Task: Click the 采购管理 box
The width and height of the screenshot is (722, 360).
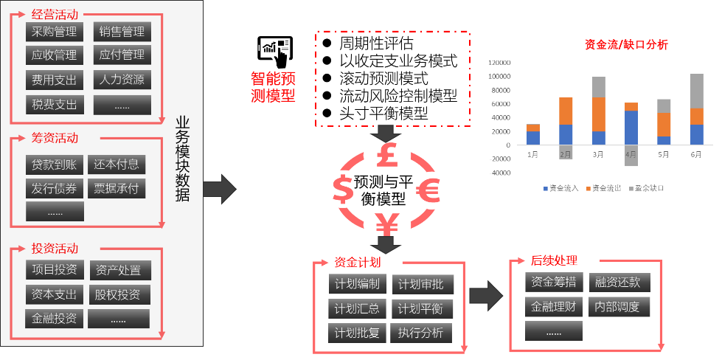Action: [55, 32]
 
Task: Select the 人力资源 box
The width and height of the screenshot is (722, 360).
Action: [122, 79]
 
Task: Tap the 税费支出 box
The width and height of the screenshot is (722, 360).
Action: [55, 104]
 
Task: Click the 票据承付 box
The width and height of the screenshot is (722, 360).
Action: [117, 188]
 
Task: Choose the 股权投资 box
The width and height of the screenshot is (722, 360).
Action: [118, 294]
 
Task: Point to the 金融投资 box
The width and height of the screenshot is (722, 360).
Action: [55, 319]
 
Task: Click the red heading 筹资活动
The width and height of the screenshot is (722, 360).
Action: [55, 138]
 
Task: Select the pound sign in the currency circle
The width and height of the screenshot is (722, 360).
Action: [386, 156]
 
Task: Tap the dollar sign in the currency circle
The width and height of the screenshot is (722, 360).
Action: [343, 190]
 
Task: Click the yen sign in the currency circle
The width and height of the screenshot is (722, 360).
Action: [386, 224]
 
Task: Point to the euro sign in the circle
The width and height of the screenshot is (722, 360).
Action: [428, 190]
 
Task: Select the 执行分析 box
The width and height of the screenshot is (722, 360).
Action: [421, 333]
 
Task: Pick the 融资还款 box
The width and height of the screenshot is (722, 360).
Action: [618, 282]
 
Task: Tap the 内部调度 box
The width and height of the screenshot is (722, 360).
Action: [618, 306]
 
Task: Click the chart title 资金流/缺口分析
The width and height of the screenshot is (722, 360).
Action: [626, 45]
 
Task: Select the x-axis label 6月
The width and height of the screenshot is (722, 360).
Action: [695, 155]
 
